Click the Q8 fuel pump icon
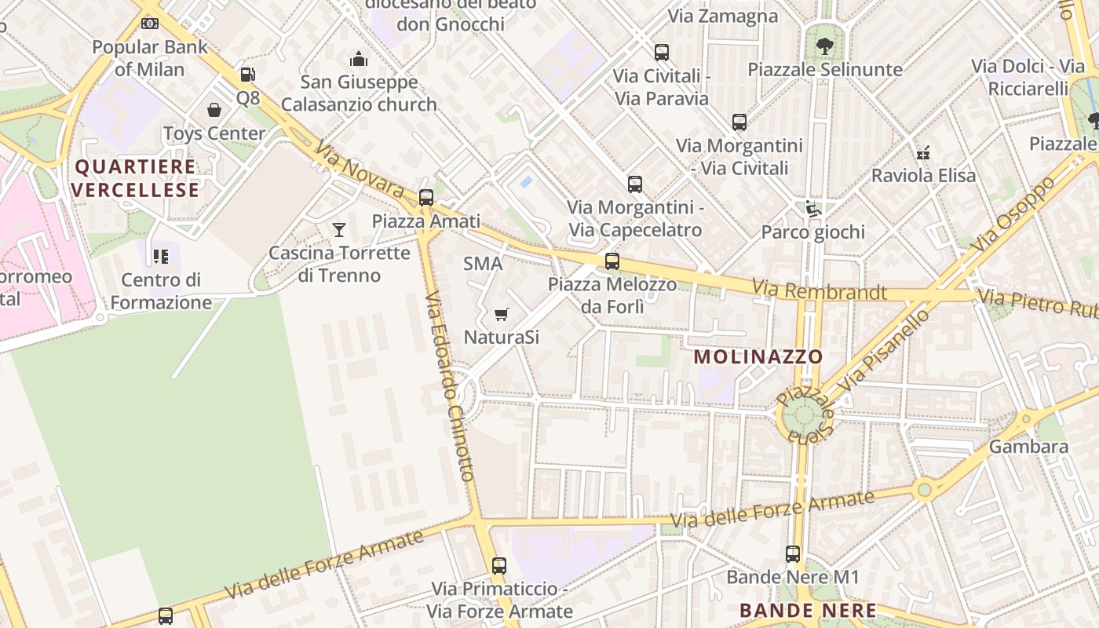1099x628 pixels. point(247,75)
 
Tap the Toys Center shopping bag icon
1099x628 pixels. point(214,110)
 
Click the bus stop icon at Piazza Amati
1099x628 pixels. point(426,198)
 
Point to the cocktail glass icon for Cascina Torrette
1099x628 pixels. point(339,229)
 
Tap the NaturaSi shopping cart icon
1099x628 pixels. point(502,315)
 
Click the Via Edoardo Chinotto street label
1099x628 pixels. point(449,386)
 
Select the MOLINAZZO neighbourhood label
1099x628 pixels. point(758,357)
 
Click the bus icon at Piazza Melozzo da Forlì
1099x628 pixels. point(612,261)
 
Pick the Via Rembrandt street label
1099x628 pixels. point(819,291)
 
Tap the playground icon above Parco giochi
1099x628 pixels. point(813,209)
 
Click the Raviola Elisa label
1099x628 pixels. point(924,175)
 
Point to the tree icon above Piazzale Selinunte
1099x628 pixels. point(824,46)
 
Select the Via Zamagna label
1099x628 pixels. point(722,16)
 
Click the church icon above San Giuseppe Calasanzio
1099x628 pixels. point(359,59)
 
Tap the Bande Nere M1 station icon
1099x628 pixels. point(793,554)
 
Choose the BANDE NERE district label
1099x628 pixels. point(808,610)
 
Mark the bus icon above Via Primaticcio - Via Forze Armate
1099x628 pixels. point(499,565)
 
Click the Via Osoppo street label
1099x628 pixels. point(1013,214)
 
